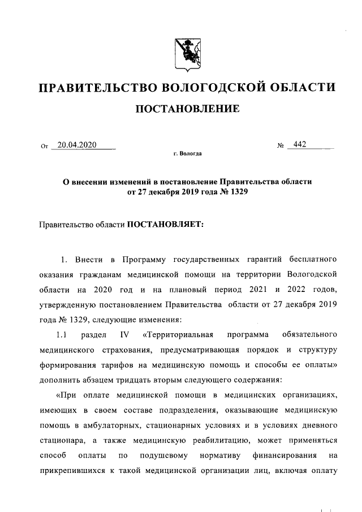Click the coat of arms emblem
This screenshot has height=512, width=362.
coord(180,53)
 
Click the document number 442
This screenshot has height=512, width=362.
coord(296,145)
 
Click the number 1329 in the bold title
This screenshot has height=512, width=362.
coord(236,192)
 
